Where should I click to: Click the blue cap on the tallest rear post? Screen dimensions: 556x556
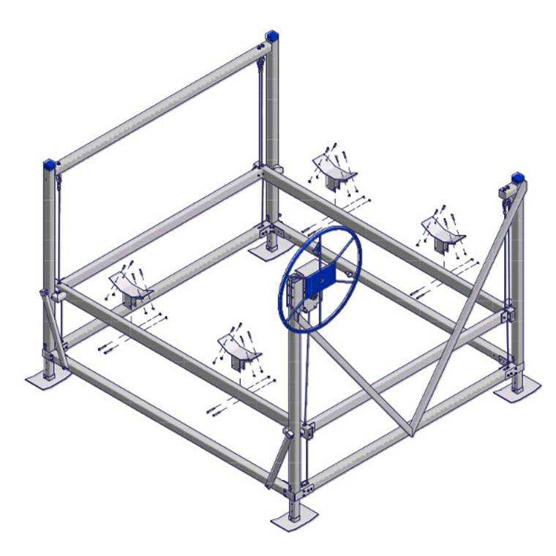click(272, 34)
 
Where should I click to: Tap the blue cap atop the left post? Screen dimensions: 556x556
click(51, 163)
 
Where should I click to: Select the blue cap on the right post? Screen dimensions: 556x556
click(518, 176)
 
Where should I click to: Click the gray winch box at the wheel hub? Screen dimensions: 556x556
click(301, 290)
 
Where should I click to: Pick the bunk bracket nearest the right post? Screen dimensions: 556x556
click(441, 233)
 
